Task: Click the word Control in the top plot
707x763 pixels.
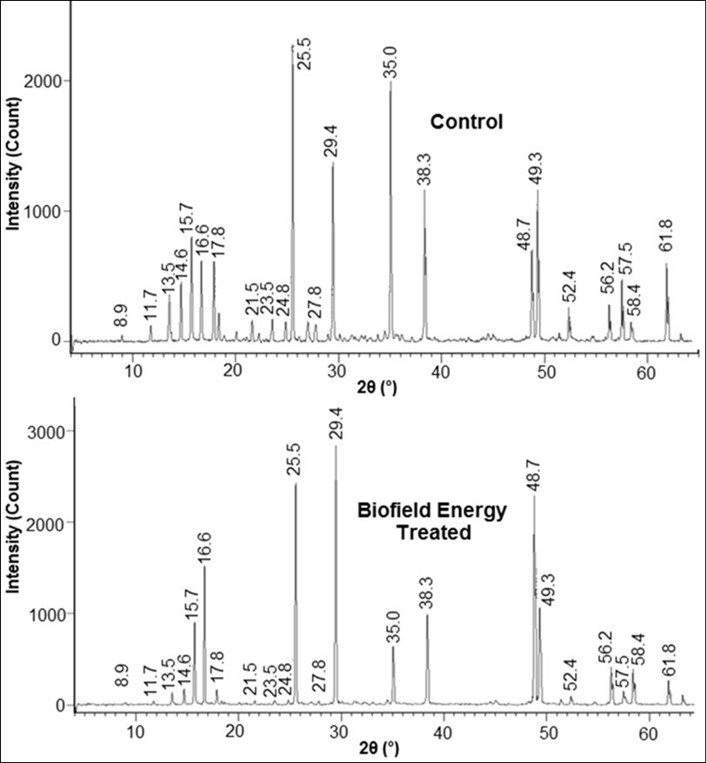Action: click(x=467, y=122)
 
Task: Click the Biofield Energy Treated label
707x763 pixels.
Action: click(x=432, y=520)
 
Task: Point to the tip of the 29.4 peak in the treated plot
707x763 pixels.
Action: click(x=336, y=446)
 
